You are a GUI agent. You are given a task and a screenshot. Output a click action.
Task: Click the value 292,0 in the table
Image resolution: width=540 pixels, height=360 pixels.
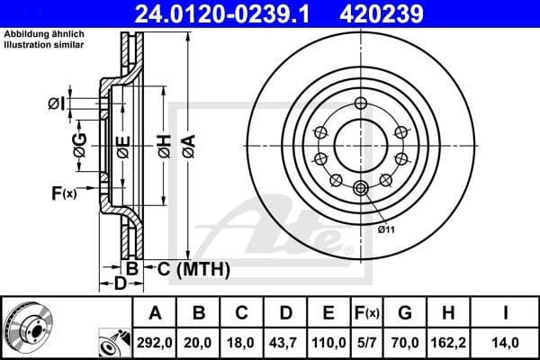tap(155, 340)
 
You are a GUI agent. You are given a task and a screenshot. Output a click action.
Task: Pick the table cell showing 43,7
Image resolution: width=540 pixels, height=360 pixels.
tap(285, 340)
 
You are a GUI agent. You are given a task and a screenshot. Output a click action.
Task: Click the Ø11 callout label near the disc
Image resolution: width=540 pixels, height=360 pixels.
tap(386, 231)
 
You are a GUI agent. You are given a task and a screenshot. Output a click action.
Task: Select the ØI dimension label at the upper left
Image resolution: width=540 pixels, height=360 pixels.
tap(55, 104)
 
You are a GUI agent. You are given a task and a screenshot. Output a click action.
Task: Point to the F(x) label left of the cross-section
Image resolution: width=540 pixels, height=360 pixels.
tap(64, 192)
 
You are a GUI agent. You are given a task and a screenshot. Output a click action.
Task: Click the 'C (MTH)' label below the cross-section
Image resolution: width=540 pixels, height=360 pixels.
tap(193, 268)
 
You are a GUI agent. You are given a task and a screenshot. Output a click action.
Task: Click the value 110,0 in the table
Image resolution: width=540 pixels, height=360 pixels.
tap(328, 340)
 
